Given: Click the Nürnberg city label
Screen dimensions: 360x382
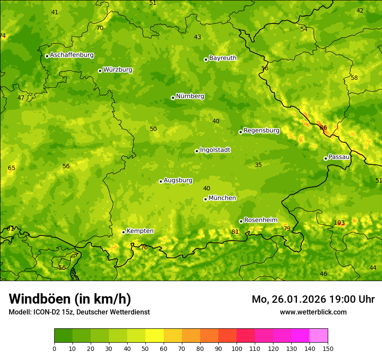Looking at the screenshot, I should tap(190, 96).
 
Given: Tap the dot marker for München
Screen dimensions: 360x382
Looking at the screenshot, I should tap(205, 199).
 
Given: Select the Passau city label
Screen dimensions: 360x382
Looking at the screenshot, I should tap(339, 157).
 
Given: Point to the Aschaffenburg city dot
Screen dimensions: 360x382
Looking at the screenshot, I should tap(47, 56).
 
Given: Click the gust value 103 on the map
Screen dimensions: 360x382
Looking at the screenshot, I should tap(339, 223).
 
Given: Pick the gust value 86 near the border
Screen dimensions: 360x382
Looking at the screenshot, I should tap(323, 128).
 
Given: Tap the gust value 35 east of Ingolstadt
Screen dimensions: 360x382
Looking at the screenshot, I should tap(258, 165).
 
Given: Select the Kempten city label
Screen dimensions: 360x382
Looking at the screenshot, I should tap(140, 231).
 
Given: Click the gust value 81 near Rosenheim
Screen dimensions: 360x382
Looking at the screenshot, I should tap(235, 232).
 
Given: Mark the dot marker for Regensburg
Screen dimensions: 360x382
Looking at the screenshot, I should tap(240, 132).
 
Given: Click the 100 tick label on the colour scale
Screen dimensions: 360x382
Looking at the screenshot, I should tap(237, 349).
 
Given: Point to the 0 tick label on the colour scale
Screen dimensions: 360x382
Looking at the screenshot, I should tap(54, 349).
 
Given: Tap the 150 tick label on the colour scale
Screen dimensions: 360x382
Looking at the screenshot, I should tap(328, 349).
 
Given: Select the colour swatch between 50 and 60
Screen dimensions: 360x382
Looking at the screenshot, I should tap(155, 336).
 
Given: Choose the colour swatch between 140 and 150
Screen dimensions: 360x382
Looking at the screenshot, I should tap(319, 336).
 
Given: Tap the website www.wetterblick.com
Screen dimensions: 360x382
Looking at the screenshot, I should tap(313, 312).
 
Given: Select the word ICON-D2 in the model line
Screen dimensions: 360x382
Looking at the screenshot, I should tap(46, 312).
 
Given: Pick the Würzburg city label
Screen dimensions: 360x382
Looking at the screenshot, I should tap(118, 70).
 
